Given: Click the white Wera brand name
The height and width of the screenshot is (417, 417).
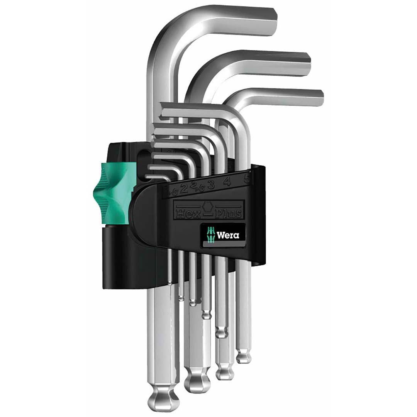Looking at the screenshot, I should coord(228,235).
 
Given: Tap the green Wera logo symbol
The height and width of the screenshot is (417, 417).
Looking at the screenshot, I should coord(211,235).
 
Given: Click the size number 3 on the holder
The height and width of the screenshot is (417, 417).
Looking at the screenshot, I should coord(211,185).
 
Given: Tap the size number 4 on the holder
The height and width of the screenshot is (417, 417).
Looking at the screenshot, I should coord(227,181).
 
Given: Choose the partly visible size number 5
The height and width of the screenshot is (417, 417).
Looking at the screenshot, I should coord(247,179).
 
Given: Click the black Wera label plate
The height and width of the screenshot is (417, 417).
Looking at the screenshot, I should coord(222,235).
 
